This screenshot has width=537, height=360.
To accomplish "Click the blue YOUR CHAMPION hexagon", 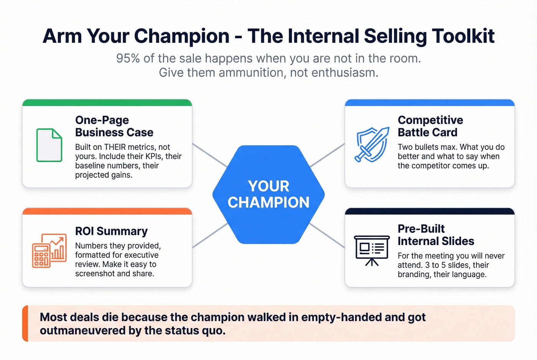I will point(268,194).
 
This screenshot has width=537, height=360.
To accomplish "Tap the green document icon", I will point(49,145).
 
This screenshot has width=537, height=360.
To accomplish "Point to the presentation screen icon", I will point(371,250).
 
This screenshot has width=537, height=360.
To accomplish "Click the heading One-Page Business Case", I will point(114,126).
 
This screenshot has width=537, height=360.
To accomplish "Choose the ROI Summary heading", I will point(111,231).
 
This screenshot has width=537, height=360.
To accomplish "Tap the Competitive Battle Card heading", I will point(430,126).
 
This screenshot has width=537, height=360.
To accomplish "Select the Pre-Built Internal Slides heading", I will point(436,235).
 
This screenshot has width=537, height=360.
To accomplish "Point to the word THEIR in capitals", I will point(115,147).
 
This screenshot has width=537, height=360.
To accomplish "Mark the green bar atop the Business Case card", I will point(107,102).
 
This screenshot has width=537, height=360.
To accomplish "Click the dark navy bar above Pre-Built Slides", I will point(430,211).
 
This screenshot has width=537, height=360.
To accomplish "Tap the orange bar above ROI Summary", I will point(107,211).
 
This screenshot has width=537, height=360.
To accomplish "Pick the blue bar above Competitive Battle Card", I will point(430,102).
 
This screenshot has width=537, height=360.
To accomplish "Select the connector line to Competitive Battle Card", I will point(327,155).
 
